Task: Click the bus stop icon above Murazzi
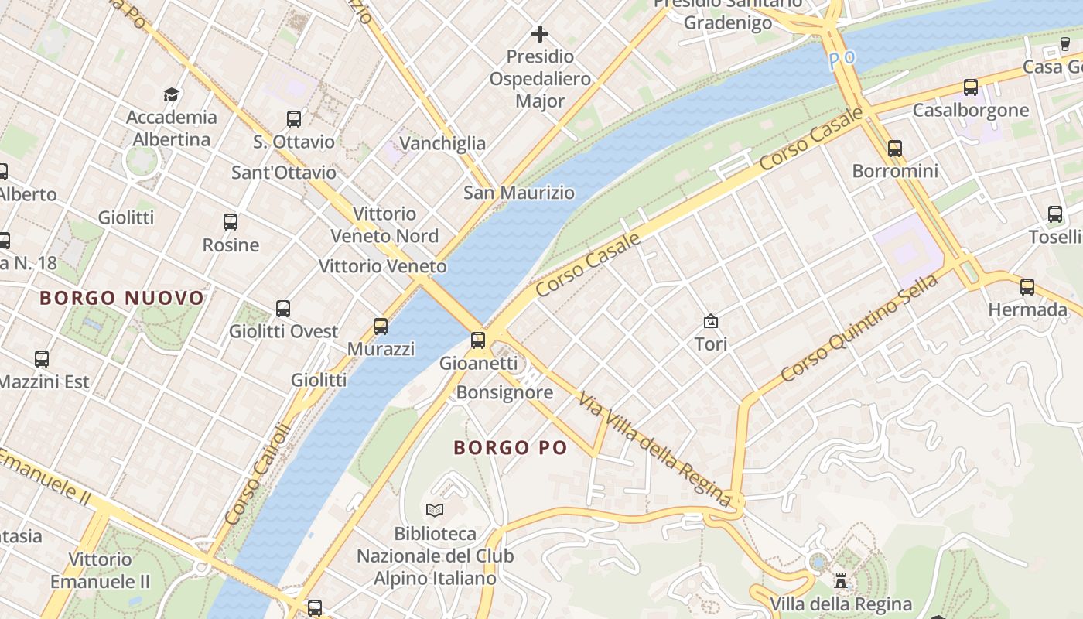tap(380, 326)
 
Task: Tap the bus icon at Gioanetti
tap(478, 340)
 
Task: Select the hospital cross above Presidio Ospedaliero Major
tap(540, 34)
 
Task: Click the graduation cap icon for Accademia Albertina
tap(171, 94)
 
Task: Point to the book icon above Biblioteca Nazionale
tap(435, 510)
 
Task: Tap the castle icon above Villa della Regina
tap(840, 580)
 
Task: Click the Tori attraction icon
tap(710, 320)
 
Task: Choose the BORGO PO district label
tap(511, 447)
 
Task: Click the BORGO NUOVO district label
tap(121, 298)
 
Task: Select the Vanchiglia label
tap(442, 143)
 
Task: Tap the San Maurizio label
tap(519, 193)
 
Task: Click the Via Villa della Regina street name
tap(654, 449)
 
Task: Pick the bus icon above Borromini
tap(895, 148)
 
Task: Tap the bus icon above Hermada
tap(1027, 287)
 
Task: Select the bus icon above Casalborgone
tap(971, 87)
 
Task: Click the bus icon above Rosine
tap(231, 222)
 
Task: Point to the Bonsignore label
tap(504, 392)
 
